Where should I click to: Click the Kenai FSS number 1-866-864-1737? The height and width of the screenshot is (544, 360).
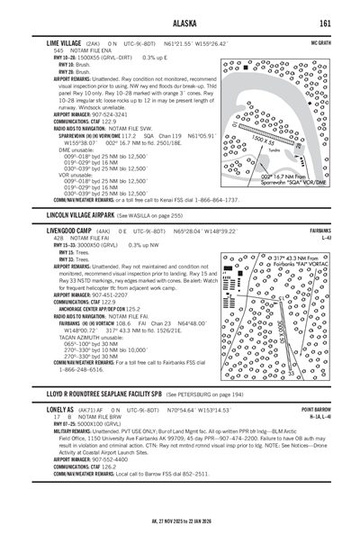(215, 200)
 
